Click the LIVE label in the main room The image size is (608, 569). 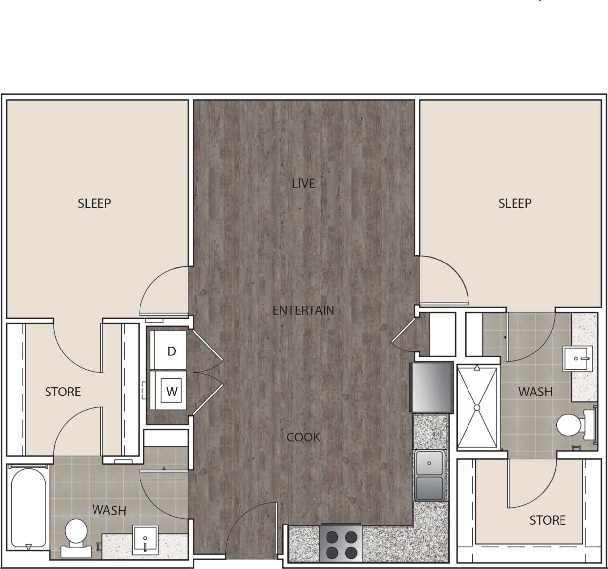pos(303,184)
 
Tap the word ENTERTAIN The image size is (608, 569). pos(303,310)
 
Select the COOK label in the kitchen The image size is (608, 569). pos(303,438)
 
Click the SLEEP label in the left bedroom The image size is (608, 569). pos(94,203)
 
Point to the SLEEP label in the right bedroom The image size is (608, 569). pos(514,203)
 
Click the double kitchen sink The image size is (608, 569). pos(429,475)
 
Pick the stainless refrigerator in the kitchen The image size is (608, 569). pos(431,387)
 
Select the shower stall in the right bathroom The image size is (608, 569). pos(477,407)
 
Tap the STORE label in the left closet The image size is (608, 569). pos(63,392)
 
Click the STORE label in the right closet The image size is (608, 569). pos(547,520)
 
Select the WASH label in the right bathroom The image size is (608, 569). pos(535,392)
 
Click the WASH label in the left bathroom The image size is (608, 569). pos(109,510)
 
